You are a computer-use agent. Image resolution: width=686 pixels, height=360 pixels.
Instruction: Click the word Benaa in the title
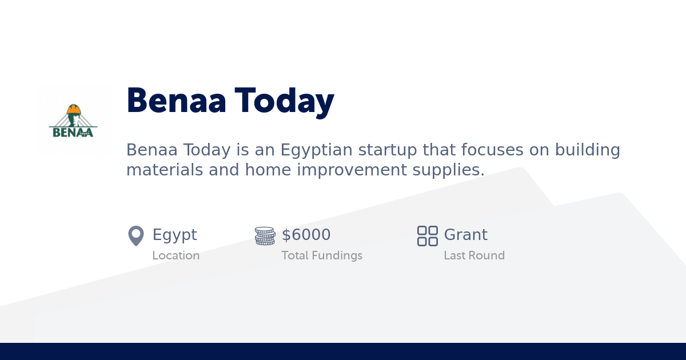[x=176, y=101]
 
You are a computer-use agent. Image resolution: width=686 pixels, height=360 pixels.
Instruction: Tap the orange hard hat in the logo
[x=74, y=109]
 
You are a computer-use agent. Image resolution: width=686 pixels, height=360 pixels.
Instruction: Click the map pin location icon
[x=135, y=235]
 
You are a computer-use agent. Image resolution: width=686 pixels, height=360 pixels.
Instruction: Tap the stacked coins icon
[x=265, y=235]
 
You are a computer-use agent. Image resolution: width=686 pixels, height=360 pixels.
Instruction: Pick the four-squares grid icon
[x=427, y=235]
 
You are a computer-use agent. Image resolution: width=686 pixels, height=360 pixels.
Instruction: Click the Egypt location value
[x=174, y=235]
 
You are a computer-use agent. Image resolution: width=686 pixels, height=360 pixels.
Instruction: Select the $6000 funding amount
[x=306, y=235]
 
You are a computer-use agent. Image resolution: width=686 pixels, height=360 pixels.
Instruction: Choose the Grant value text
[x=465, y=235]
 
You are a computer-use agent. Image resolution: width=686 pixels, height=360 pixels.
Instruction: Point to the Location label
[x=176, y=255]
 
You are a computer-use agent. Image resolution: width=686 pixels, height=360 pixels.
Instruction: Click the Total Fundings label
[x=321, y=255]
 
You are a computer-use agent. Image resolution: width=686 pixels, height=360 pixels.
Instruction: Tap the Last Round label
[x=474, y=255]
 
